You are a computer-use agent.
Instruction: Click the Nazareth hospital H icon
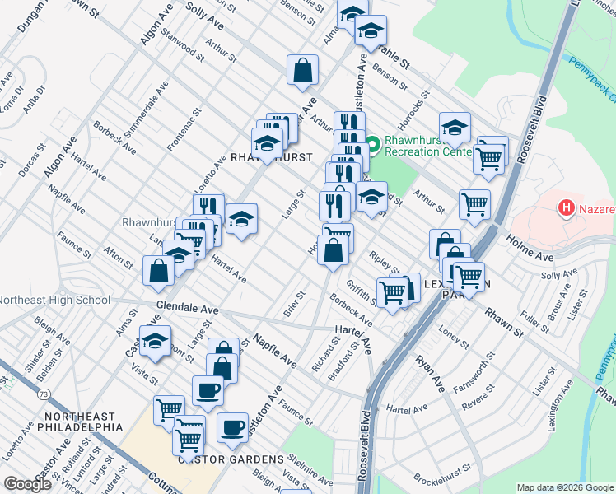pyautogui.click(x=567, y=209)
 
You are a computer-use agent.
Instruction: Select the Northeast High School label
pyautogui.click(x=55, y=300)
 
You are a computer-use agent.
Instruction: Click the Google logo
pyautogui.click(x=28, y=483)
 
